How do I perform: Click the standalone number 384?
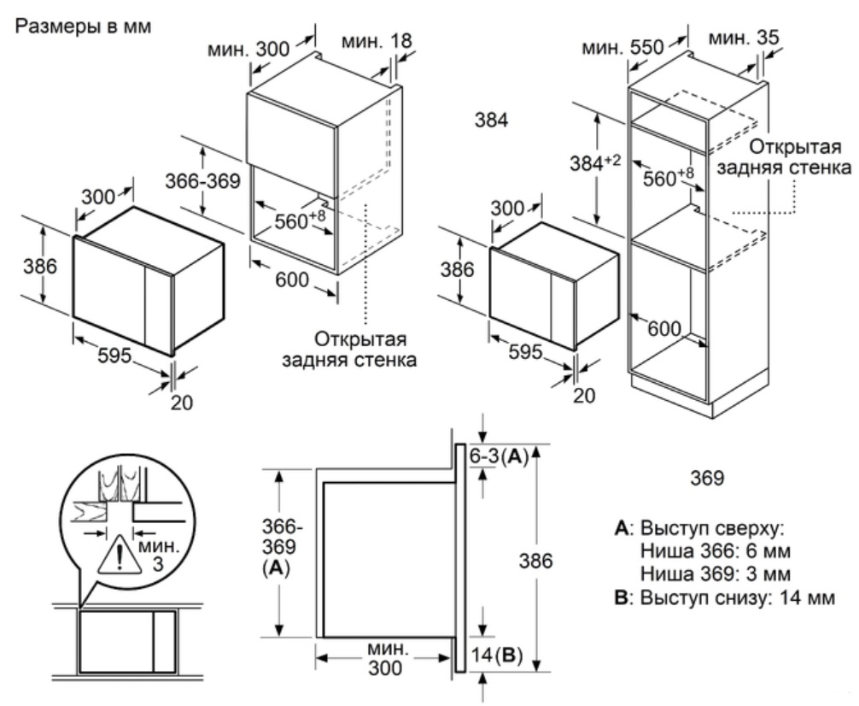(491, 121)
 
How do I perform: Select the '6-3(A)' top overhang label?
(499, 456)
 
